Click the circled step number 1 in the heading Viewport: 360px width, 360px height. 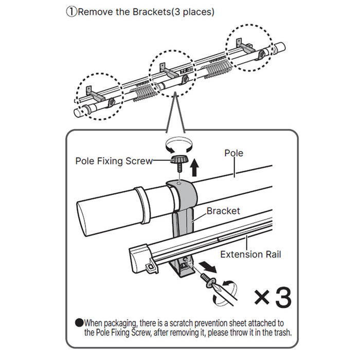coord(71,11)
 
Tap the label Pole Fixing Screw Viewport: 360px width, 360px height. coord(114,161)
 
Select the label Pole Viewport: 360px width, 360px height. coord(234,153)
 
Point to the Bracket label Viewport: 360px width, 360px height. coord(223,211)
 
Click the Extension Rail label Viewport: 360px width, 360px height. coord(250,254)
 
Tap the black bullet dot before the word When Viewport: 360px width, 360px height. coord(79,323)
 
